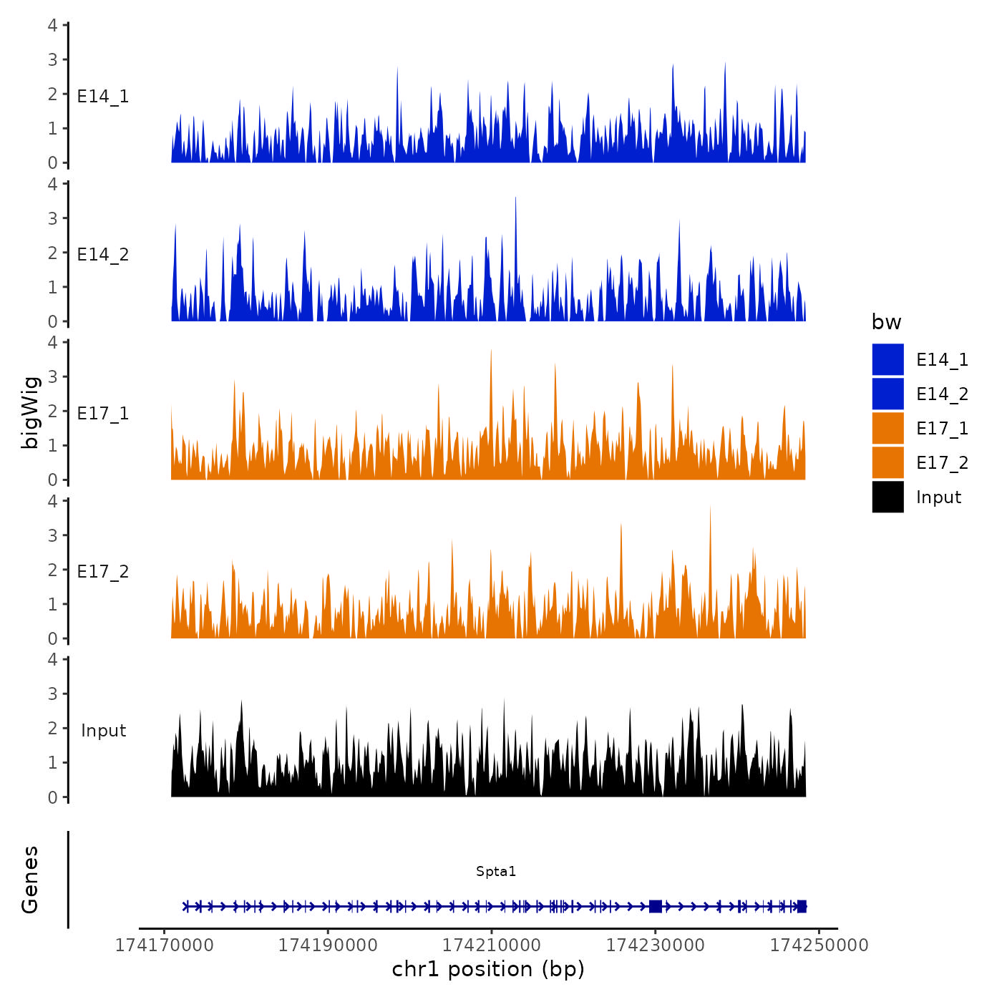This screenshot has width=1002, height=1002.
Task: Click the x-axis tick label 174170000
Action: coord(165,945)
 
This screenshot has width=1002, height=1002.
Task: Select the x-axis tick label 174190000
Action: coord(328,945)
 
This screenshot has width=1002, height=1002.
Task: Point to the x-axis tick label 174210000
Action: coord(492,945)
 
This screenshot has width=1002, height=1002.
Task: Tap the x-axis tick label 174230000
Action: coord(655,945)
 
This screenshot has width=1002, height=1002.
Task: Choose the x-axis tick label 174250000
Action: coord(819,945)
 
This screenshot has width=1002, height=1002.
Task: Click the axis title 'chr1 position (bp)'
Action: coord(488,969)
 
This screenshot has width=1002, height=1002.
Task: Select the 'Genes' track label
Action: coord(30,880)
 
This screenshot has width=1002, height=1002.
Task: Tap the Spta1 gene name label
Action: coord(496,872)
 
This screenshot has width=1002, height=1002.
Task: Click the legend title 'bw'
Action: coord(886,322)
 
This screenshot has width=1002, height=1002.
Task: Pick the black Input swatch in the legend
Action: coord(887,497)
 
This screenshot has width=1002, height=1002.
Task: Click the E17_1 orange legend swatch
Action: coord(887,429)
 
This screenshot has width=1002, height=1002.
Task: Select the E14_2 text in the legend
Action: coord(942,394)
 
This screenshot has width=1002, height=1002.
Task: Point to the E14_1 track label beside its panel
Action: coord(103,97)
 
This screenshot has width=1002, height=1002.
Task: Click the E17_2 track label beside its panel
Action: coord(103,572)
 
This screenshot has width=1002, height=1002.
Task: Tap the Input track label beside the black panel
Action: coord(103,731)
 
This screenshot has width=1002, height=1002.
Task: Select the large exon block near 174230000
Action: coord(655,906)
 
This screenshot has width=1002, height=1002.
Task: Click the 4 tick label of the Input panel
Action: coord(52,659)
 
